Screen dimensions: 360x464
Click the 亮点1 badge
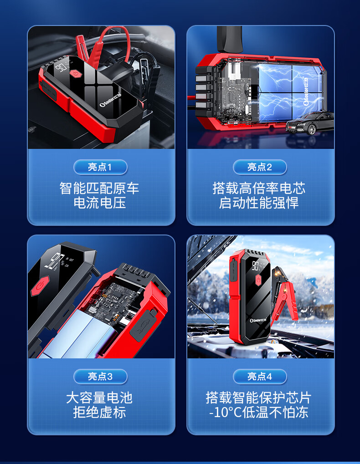[100, 167]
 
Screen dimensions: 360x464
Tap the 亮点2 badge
[260, 167]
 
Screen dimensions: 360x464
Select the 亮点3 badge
[100, 377]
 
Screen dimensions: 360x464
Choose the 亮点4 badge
[260, 377]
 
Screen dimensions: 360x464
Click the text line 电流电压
[100, 203]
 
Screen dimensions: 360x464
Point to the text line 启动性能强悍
[259, 203]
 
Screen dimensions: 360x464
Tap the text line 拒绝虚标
[100, 412]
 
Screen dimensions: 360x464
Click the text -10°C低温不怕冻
[259, 412]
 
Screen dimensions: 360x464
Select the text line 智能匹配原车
[99, 188]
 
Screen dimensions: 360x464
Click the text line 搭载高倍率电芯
[259, 188]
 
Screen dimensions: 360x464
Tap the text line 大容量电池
[99, 398]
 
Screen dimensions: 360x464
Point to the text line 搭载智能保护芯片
[259, 398]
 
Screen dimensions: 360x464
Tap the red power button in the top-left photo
[76, 73]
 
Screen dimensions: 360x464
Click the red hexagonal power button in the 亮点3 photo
[40, 286]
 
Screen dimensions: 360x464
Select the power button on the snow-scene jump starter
[258, 279]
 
